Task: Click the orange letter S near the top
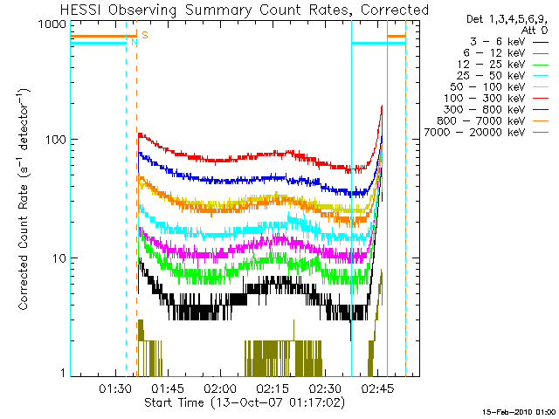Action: coord(144,34)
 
